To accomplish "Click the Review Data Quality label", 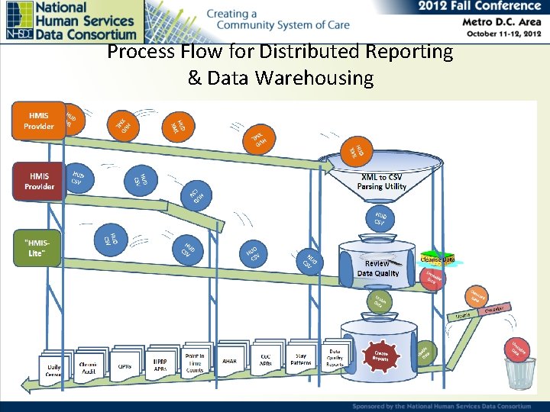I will [x=377, y=268].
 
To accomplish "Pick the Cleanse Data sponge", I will [x=438, y=259].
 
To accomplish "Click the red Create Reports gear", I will [x=380, y=355].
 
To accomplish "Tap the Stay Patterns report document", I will [x=301, y=358].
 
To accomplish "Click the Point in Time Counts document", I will [x=195, y=362].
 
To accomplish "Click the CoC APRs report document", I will [x=266, y=359].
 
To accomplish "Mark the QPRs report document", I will [x=125, y=365].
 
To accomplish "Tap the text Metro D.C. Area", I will [x=502, y=22].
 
